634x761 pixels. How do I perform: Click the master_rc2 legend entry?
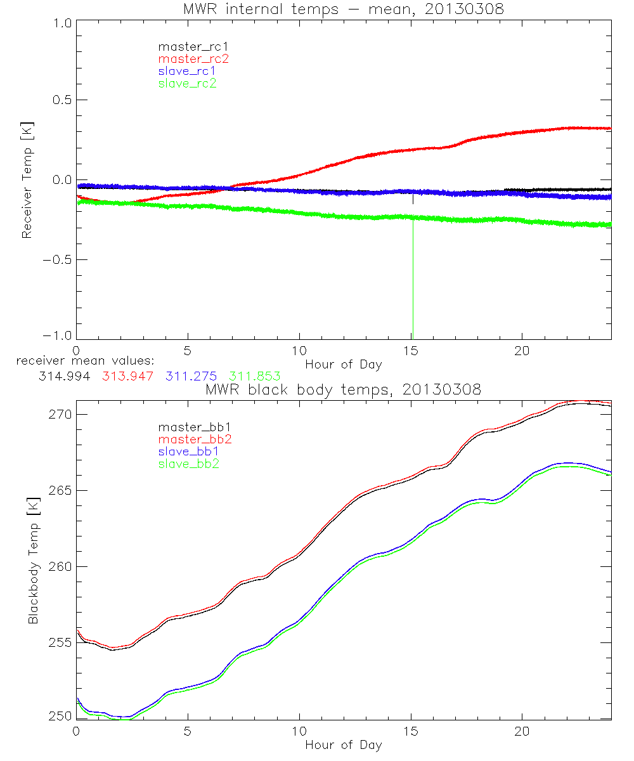pos(193,58)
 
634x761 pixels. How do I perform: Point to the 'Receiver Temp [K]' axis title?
pos(27,180)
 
